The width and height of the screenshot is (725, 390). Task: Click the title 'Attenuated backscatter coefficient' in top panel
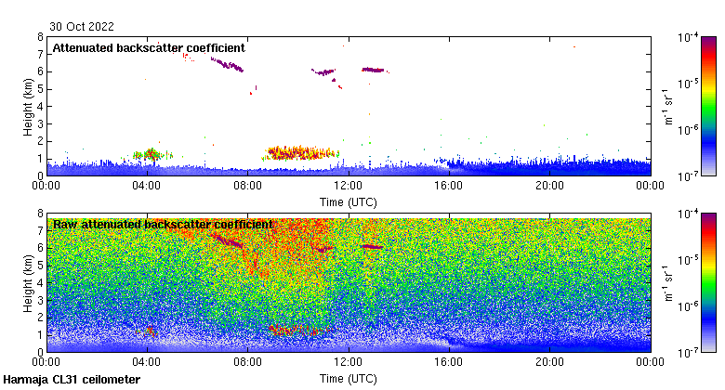[149, 47]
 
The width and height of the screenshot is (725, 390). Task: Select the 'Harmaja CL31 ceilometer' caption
[72, 380]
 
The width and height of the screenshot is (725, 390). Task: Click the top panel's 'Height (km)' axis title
[28, 106]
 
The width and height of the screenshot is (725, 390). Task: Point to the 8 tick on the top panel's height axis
[40, 37]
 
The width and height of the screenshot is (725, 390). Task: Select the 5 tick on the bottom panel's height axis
[40, 266]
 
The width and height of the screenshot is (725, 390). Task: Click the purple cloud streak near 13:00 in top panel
[374, 70]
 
